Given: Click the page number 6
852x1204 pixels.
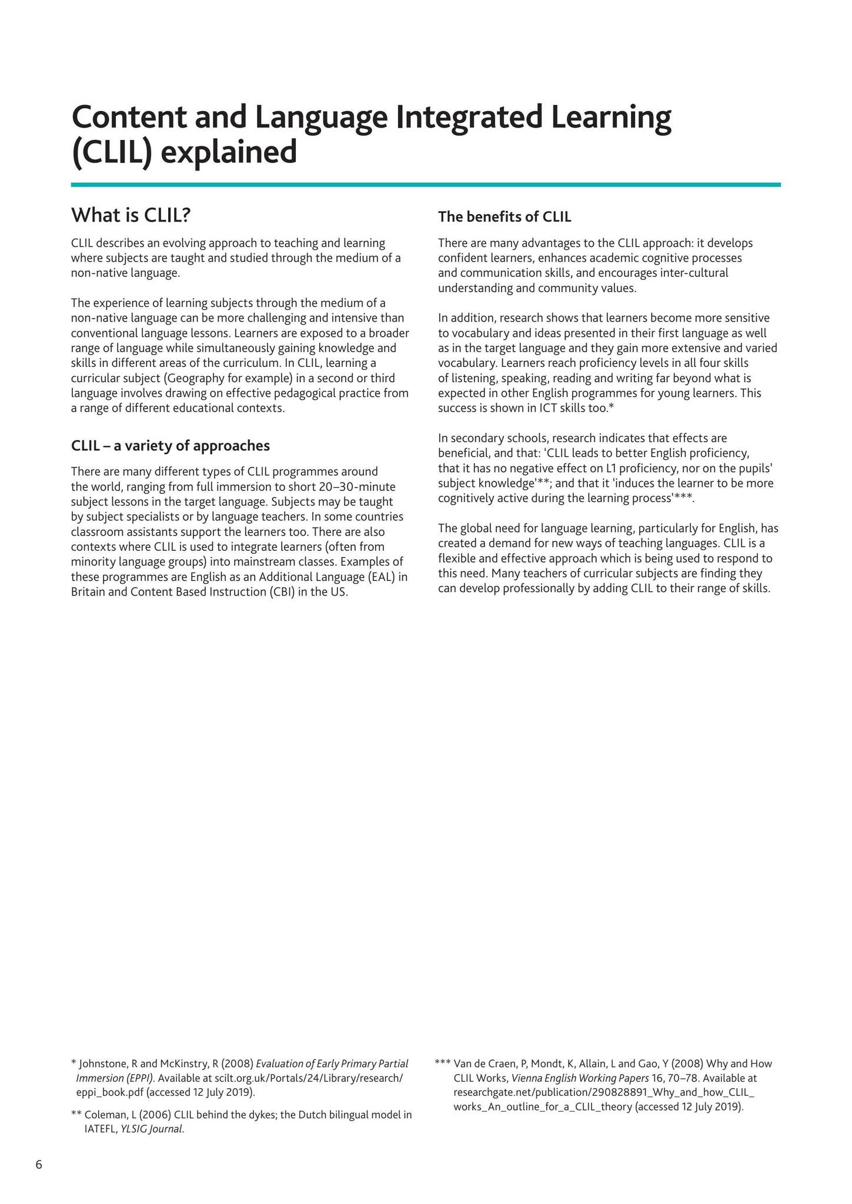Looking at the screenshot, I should (x=39, y=1165).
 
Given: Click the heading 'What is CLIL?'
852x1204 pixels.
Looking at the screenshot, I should (x=131, y=216).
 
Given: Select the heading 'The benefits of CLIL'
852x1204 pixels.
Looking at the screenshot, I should (x=504, y=217).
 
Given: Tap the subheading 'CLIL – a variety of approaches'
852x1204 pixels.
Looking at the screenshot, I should (x=170, y=446).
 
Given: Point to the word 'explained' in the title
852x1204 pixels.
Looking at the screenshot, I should (x=229, y=152).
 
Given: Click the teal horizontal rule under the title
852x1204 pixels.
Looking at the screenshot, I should (x=426, y=185).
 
